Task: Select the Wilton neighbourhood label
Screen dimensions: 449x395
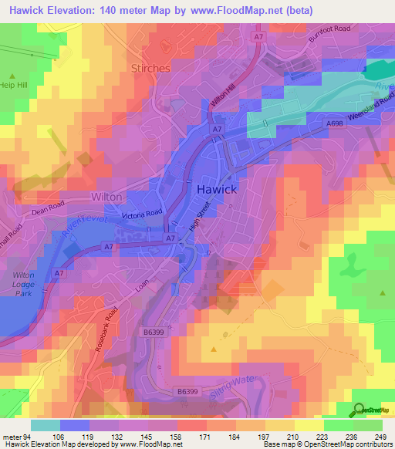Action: (x=106, y=197)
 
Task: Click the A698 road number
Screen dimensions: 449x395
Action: (x=334, y=123)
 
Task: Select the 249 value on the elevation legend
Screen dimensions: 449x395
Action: (x=380, y=437)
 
